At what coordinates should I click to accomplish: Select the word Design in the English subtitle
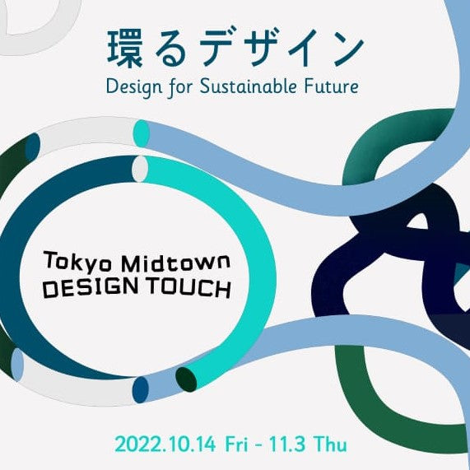click(x=132, y=86)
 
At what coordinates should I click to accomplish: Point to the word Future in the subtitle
click(x=333, y=85)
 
